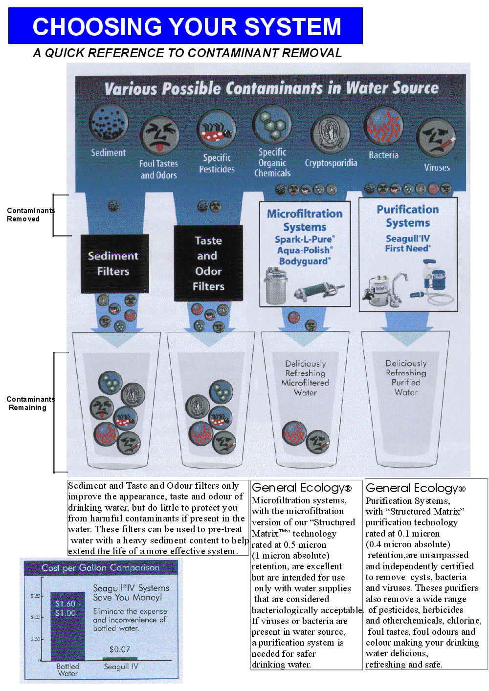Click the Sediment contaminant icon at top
click(108, 123)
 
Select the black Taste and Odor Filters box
click(208, 263)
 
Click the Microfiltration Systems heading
click(305, 220)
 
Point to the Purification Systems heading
click(408, 216)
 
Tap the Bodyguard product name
click(305, 261)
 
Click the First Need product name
click(407, 248)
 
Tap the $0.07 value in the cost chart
click(120, 649)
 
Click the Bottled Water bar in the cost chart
click(67, 630)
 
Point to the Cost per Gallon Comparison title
click(101, 568)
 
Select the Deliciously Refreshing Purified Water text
click(406, 378)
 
